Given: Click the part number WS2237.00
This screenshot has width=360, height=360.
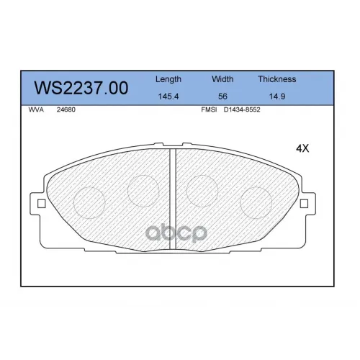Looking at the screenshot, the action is coord(81,88).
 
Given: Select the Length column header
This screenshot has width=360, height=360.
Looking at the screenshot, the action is coord(168,79).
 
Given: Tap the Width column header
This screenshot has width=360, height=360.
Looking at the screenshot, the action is coord(222,79).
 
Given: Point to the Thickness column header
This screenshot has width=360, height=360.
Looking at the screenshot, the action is coord(277,79).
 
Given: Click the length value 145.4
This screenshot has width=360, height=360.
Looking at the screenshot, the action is coord(168,96).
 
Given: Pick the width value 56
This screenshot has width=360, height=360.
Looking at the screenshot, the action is coord(222,96).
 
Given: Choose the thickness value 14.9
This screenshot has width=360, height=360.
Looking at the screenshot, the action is coord(277,96).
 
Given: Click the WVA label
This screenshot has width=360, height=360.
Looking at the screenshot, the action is coord(36,109).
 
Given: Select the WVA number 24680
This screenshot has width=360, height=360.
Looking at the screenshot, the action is coord(66,109).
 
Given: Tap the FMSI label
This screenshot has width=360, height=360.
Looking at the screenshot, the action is coord(209,109).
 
